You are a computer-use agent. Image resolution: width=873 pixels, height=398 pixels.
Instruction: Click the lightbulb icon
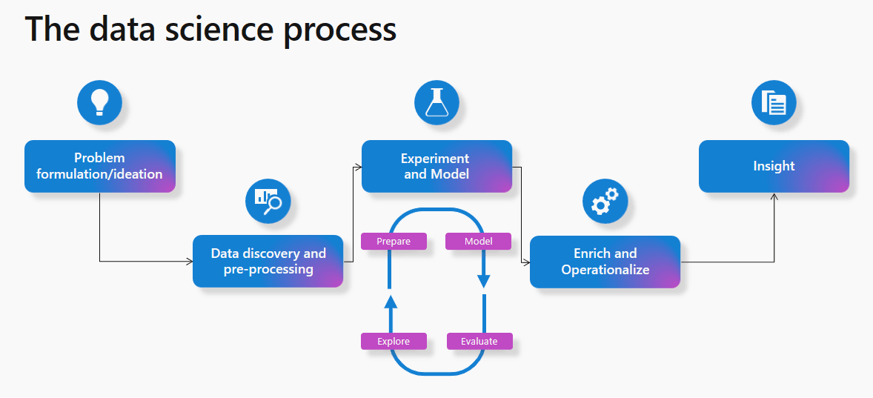(99, 103)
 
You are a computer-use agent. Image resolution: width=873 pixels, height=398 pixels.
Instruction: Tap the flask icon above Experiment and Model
(437, 103)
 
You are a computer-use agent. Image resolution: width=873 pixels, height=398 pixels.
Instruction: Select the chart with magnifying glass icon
(268, 199)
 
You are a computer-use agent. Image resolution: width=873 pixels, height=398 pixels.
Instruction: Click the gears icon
(605, 201)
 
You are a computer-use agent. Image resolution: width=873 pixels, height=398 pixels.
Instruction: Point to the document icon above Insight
(774, 103)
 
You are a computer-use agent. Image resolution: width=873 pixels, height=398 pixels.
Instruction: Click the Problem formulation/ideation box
(99, 166)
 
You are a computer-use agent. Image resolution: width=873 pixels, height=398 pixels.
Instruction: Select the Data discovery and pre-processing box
(268, 261)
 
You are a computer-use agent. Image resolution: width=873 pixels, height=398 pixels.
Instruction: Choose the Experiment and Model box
(437, 166)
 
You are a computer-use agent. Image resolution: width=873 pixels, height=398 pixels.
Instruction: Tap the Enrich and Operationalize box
(605, 262)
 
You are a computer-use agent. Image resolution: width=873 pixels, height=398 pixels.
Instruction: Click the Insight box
(774, 166)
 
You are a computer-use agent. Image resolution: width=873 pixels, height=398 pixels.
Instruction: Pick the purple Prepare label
(394, 242)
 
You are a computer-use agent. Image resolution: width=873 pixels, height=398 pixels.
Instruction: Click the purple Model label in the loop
(478, 242)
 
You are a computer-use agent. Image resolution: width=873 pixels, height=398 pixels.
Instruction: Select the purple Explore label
(394, 341)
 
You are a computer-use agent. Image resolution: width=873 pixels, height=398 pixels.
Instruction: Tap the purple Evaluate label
(479, 341)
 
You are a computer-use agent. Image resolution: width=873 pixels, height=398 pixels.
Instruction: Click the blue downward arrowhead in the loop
(483, 282)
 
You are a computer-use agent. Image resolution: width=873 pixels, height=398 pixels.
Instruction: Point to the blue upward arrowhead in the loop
(391, 300)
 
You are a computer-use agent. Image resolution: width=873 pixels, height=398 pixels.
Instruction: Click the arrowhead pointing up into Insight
(774, 197)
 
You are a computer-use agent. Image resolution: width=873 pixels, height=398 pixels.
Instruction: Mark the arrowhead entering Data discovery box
(189, 261)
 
